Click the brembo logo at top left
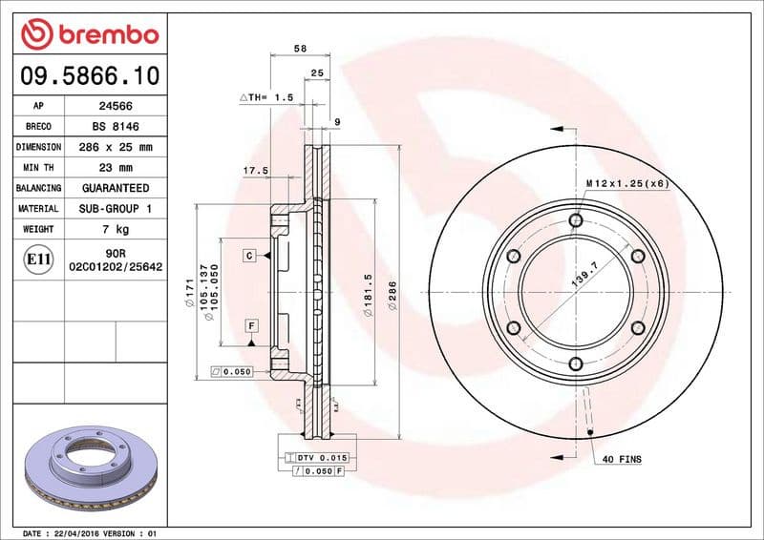pos(89,33)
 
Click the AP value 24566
pos(116,107)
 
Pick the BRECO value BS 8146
pos(116,127)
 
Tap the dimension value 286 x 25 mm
pos(116,147)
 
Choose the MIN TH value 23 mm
pos(116,168)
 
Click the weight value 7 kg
pos(116,229)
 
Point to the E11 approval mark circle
pos(39,259)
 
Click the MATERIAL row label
pos(39,208)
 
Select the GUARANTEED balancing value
pos(116,188)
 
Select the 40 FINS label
pos(622,460)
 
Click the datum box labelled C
pos(248,256)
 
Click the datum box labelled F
pos(251,325)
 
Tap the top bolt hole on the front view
pos(575,221)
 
